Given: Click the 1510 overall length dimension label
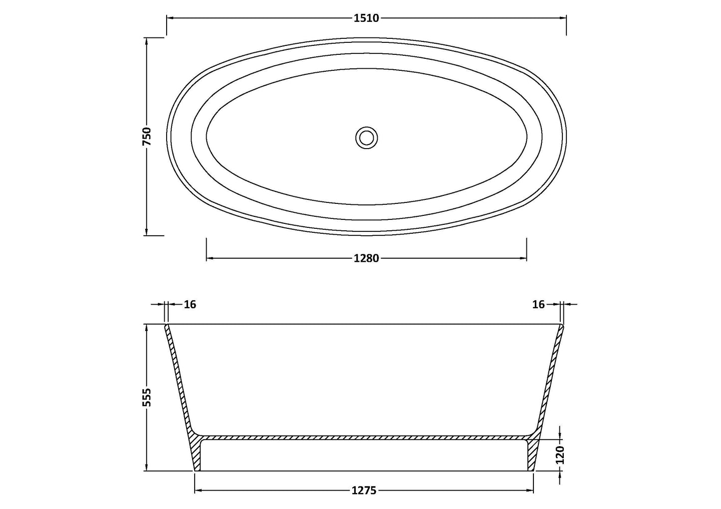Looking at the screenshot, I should pyautogui.click(x=366, y=18).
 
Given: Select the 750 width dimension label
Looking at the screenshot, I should pyautogui.click(x=147, y=137).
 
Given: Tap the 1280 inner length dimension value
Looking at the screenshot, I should pyautogui.click(x=366, y=258).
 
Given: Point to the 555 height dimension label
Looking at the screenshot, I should pyautogui.click(x=147, y=397).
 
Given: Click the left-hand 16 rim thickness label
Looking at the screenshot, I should pyautogui.click(x=190, y=304).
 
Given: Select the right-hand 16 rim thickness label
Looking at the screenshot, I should pyautogui.click(x=538, y=304).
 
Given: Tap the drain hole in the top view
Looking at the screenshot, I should pyautogui.click(x=367, y=137).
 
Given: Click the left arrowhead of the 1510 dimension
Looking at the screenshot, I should pyautogui.click(x=170, y=18).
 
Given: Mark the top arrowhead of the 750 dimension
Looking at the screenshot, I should pyautogui.click(x=146, y=44).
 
